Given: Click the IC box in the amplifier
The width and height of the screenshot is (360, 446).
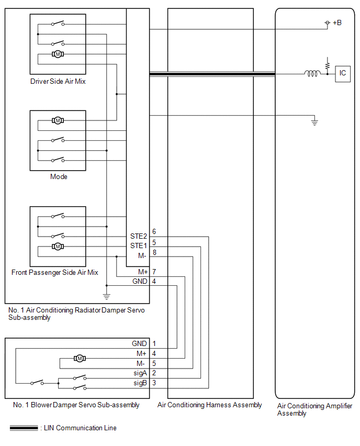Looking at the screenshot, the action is [x=343, y=74].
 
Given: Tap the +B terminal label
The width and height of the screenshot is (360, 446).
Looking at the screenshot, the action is [x=337, y=23].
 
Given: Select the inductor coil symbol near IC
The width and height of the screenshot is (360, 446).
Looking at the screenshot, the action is [x=312, y=74].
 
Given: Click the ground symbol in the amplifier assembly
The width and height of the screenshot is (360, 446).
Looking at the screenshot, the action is [x=314, y=122].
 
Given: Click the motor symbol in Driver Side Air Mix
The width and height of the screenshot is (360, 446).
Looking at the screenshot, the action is [x=58, y=54].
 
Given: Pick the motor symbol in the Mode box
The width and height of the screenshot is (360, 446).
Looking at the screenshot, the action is [x=58, y=120].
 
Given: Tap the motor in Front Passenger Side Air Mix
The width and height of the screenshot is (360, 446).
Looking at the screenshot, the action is [x=58, y=247].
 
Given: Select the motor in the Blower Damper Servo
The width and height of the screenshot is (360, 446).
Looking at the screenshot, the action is [x=80, y=359].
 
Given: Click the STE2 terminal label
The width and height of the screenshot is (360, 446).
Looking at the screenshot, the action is [x=139, y=237].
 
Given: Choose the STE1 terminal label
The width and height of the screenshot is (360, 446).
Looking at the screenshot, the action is [x=139, y=246].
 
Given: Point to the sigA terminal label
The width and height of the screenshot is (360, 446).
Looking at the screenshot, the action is [x=140, y=373].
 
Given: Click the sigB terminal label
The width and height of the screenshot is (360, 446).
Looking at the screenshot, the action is [x=140, y=383].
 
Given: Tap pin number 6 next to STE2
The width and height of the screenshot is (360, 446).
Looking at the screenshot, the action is [x=154, y=231].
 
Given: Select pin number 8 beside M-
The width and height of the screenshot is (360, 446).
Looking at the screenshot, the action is [x=154, y=252].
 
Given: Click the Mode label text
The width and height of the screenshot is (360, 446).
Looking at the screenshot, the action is [x=59, y=176].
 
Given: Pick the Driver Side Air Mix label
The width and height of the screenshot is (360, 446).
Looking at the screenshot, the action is [x=58, y=81].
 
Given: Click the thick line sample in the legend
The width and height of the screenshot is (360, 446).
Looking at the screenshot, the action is [x=24, y=428].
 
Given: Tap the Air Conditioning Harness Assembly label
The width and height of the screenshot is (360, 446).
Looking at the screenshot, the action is [x=210, y=405].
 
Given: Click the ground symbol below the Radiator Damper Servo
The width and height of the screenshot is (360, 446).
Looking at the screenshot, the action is [x=107, y=296].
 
